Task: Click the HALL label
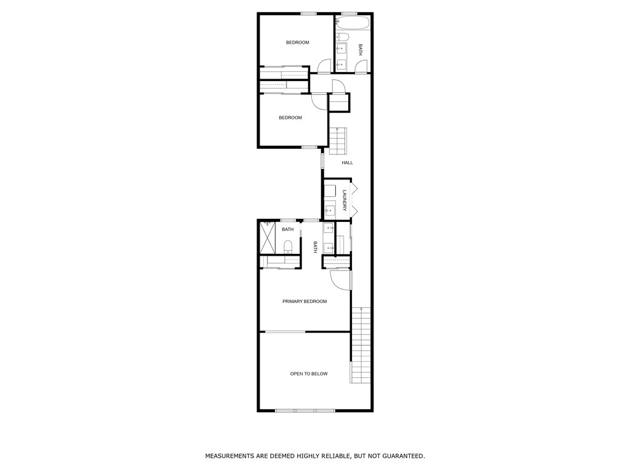point(348,163)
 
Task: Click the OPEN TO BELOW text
point(309,374)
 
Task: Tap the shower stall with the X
point(268,237)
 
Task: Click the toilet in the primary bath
point(288,247)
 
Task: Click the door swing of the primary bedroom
point(340,280)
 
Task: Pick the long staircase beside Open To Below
point(362,344)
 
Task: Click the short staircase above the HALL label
point(338,141)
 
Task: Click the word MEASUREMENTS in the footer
point(231,456)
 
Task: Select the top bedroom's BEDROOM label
point(297,42)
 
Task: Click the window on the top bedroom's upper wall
point(309,14)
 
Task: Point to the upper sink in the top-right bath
point(341,50)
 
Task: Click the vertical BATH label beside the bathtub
point(361,50)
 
